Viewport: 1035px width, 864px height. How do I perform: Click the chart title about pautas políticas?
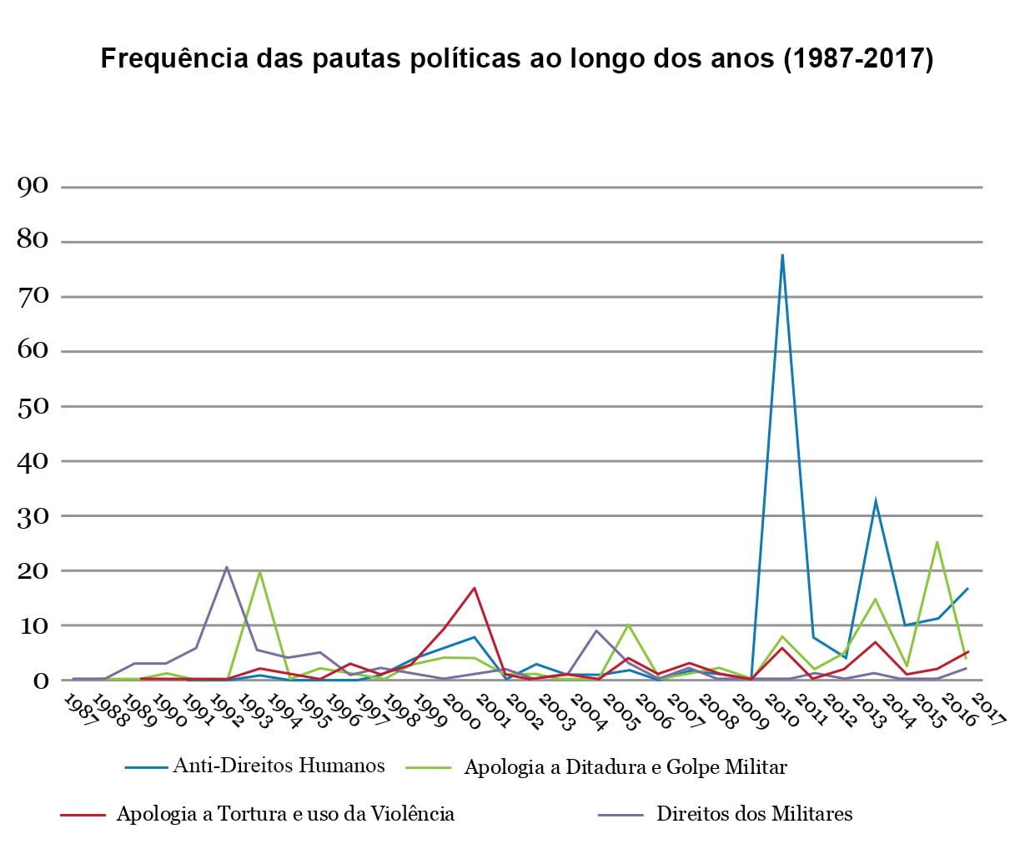[x=516, y=59]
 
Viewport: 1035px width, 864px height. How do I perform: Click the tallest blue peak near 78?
[x=782, y=255]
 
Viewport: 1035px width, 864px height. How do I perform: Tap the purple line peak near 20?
[x=227, y=568]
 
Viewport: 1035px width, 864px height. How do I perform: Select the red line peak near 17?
[x=475, y=589]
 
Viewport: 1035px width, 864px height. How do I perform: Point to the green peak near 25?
[x=937, y=543]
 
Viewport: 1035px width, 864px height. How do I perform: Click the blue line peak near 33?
[x=875, y=501]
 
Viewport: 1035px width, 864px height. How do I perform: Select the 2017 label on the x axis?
[x=987, y=711]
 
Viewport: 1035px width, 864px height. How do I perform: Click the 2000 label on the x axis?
[x=463, y=711]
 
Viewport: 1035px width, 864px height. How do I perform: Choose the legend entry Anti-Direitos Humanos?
[x=279, y=766]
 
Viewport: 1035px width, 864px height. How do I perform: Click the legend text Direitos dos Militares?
[x=754, y=814]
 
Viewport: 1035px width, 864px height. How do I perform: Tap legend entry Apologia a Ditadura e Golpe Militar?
[x=625, y=767]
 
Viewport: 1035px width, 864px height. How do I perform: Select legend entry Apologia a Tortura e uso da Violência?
[x=285, y=814]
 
